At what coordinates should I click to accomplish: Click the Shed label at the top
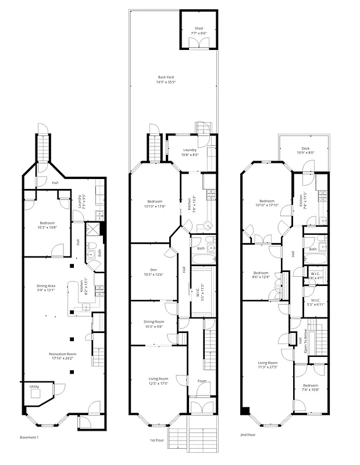point(199,28)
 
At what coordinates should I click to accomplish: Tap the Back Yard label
point(166,77)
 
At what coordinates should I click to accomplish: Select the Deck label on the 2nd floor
point(305,148)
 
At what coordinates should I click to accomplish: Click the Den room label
point(154,269)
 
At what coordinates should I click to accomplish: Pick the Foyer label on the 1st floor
point(202,381)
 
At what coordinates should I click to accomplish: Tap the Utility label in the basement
point(34,386)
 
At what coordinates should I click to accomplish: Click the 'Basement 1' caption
point(29,437)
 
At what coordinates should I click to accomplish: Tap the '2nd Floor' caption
point(248,434)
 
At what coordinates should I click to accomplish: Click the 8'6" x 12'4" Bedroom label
point(261,273)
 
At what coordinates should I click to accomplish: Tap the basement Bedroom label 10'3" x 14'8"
point(47,223)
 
